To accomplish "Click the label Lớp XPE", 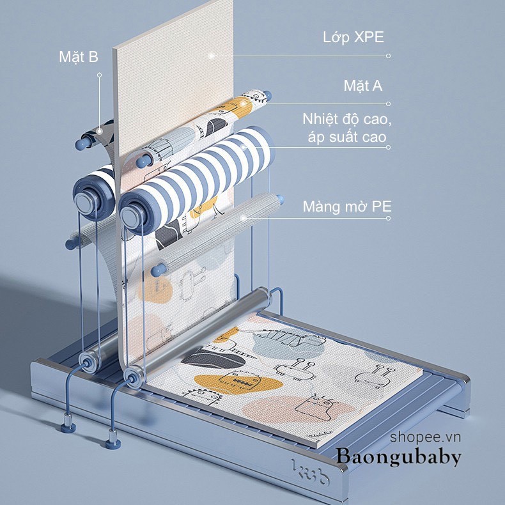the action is tap(353, 37).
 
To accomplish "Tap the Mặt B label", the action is tap(79, 57).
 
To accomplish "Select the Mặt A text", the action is tap(363, 86).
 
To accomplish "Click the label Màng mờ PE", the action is tap(347, 206).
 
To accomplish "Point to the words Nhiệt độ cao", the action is tap(347, 120).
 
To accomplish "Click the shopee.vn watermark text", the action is tap(426, 437).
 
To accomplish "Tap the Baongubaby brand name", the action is tap(399, 456).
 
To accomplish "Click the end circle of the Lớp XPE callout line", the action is tap(389, 56).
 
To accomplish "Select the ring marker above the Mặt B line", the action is tap(100, 75).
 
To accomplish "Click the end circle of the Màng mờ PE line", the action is tap(389, 219).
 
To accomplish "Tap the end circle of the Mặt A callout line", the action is tap(389, 104).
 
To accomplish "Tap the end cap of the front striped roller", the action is tap(133, 215).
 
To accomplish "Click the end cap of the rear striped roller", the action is tap(86, 201).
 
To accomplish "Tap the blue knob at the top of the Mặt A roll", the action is tap(267, 95).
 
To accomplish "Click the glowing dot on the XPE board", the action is tap(212, 56).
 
